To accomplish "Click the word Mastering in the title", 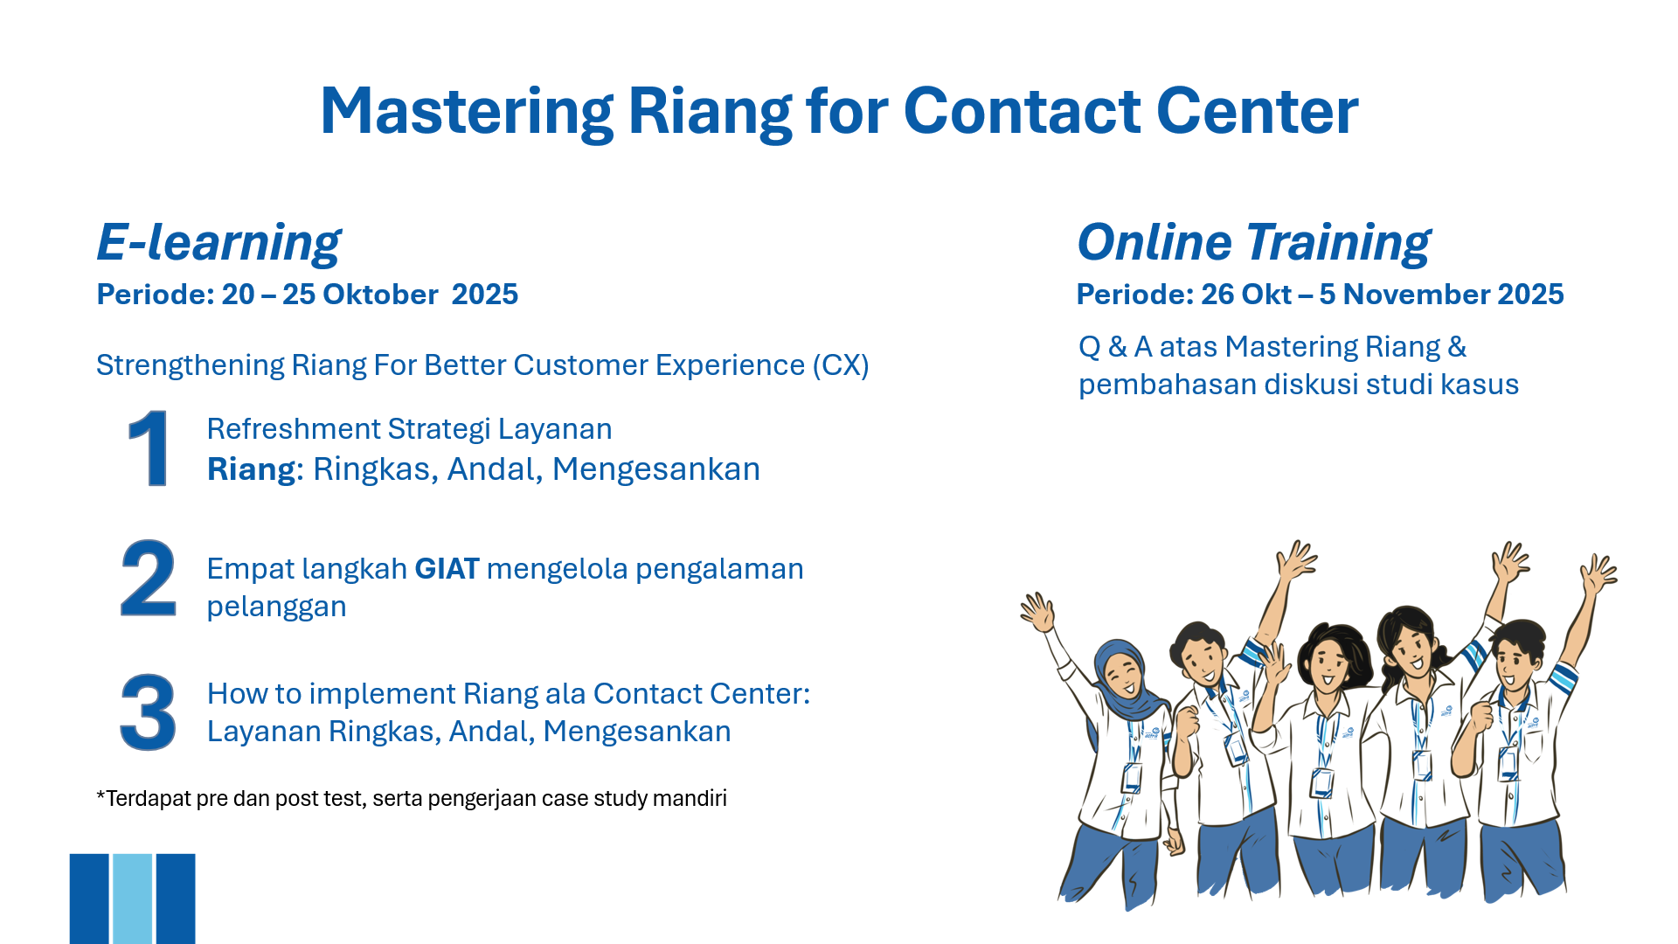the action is [x=468, y=112].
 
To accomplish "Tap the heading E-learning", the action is [x=218, y=242].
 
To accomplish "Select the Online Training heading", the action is [x=1253, y=242].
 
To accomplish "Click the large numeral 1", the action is [x=149, y=448].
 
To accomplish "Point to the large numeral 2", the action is [x=149, y=578].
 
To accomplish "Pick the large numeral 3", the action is [x=149, y=711].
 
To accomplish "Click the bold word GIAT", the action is [x=447, y=569].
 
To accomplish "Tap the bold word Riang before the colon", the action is [x=252, y=470].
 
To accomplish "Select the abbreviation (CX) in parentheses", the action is [x=841, y=365].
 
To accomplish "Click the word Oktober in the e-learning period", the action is [x=380, y=295].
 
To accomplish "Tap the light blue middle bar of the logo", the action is [x=132, y=899].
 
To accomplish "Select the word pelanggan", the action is [x=276, y=607].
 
